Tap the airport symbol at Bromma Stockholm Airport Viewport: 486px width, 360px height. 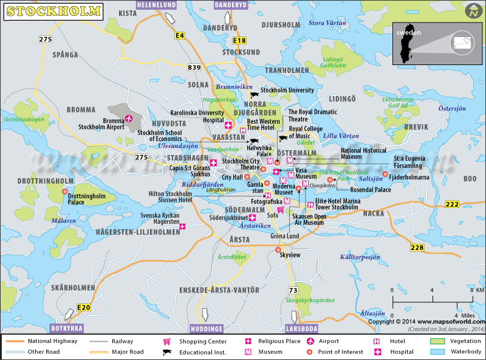[x=128, y=119]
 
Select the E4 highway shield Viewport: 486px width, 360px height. [x=180, y=36]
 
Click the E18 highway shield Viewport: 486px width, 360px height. [x=239, y=41]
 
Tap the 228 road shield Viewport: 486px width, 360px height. [x=417, y=247]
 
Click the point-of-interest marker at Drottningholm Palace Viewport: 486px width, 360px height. [x=65, y=191]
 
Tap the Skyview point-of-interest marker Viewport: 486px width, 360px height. [x=278, y=250]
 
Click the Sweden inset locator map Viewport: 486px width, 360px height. [x=434, y=44]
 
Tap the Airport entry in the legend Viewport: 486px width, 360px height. [x=328, y=341]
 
